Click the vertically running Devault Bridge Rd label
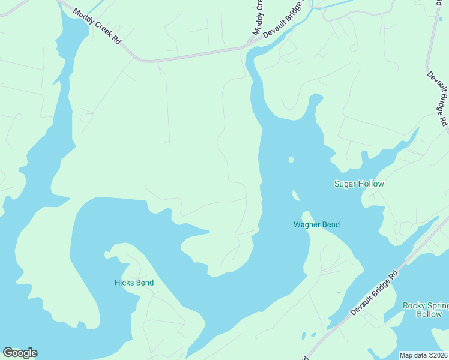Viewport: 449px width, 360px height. click(437, 99)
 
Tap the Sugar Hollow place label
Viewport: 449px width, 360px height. click(358, 184)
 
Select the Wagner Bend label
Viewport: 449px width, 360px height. click(316, 225)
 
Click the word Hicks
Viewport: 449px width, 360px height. click(124, 283)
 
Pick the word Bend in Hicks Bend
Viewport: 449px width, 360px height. click(144, 283)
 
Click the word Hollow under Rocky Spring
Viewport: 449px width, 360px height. click(429, 314)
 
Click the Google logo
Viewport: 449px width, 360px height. click(20, 353)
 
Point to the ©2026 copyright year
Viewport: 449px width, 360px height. click(437, 355)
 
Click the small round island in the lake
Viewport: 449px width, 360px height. click(291, 160)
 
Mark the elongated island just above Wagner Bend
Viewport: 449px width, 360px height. click(295, 195)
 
